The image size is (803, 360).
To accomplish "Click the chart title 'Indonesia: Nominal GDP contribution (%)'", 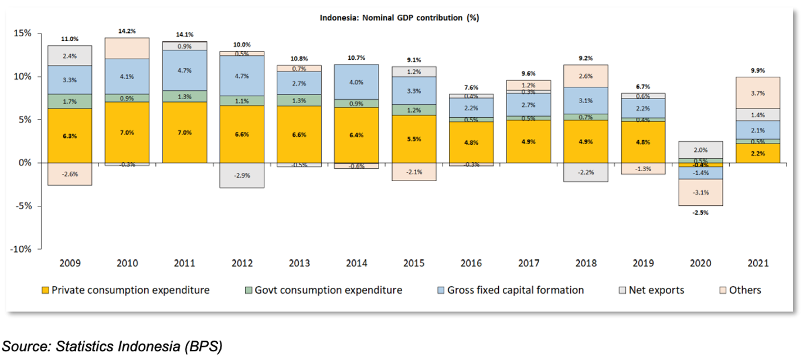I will click(399, 18).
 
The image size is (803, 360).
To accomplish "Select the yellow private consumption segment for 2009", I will click(70, 135).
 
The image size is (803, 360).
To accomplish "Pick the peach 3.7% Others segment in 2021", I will click(757, 93).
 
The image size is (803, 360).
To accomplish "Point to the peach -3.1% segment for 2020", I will click(700, 192).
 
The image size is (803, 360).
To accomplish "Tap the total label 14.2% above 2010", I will click(127, 32).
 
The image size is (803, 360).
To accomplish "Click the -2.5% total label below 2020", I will click(700, 212).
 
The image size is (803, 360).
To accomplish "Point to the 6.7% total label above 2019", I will click(644, 87).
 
